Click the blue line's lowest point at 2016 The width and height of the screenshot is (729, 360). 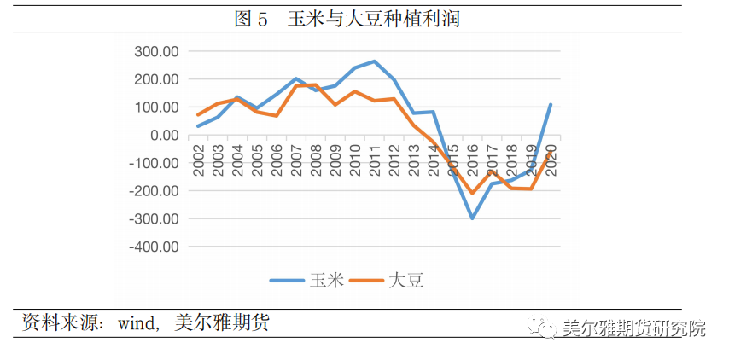coord(472,218)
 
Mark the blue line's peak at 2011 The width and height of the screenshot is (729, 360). coord(374,61)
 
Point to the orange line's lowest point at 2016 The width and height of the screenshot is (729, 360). coord(472,193)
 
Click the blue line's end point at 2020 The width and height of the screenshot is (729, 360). coord(551,105)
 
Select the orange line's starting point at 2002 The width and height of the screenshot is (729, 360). coord(198,115)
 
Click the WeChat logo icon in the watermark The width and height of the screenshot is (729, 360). coord(539,328)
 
